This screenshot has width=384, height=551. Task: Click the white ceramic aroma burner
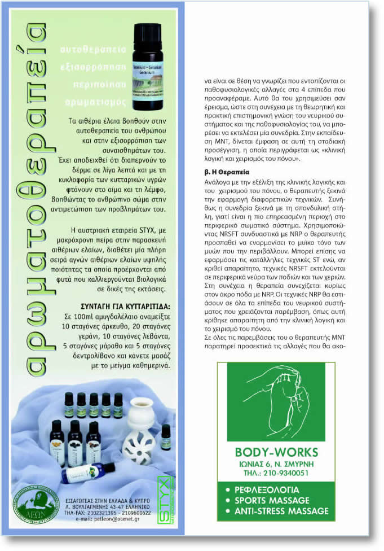coord(138,434)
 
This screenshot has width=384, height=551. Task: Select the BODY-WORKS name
coord(276,452)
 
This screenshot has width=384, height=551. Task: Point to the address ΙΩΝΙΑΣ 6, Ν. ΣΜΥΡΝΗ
coord(276,463)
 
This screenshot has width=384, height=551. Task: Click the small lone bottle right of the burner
coord(165,437)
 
